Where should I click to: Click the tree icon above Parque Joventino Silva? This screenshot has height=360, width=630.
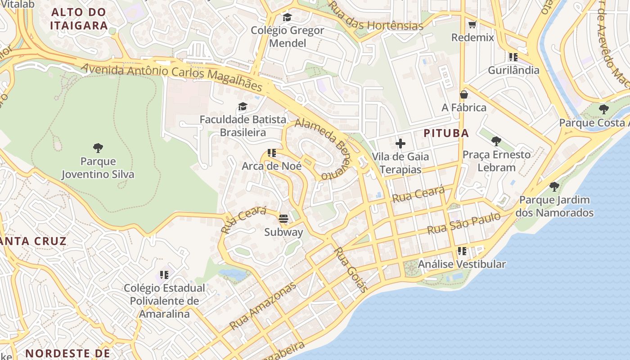98,148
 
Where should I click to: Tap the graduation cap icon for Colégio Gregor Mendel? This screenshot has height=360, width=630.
287,17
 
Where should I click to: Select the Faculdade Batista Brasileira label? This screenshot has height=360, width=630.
243,126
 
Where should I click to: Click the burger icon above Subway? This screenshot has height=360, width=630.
283,219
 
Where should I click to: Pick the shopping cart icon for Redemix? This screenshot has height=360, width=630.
472,24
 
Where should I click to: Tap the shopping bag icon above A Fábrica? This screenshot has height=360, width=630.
463,94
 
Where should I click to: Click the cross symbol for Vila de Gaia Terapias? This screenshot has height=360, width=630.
400,144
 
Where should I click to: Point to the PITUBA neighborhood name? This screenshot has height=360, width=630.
446,133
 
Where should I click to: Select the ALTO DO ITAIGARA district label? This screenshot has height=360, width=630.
79,19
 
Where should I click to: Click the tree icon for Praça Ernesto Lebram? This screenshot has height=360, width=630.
496,141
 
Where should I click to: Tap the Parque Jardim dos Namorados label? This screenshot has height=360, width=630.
554,206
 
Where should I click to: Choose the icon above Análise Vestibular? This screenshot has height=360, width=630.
462,251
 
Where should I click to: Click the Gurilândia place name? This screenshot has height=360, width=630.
513,70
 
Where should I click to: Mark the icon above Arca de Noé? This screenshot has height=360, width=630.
271,153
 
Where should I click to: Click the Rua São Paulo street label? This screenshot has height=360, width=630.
463,224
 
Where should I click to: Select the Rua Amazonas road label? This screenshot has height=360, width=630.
263,306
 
